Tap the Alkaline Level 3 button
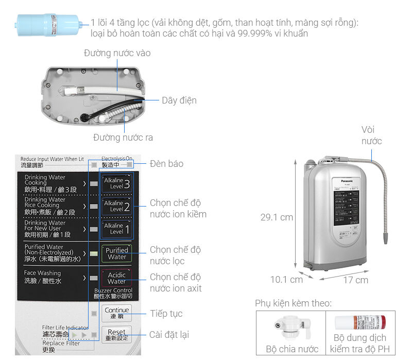pos(116,183)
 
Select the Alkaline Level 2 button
pos(116,206)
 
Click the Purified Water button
pos(116,253)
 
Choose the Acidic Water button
pos(116,278)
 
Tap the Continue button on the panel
pos(116,313)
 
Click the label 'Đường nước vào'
pos(117,53)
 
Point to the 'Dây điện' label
pos(179,100)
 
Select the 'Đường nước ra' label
pos(123,138)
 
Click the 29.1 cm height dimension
pos(277,217)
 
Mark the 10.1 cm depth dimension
pos(286,280)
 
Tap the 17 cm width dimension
pos(355,280)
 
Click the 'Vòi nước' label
pos(371,135)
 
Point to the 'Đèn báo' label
pos(166,164)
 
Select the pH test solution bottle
pos(360,323)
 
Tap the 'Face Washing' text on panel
pos(42,273)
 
